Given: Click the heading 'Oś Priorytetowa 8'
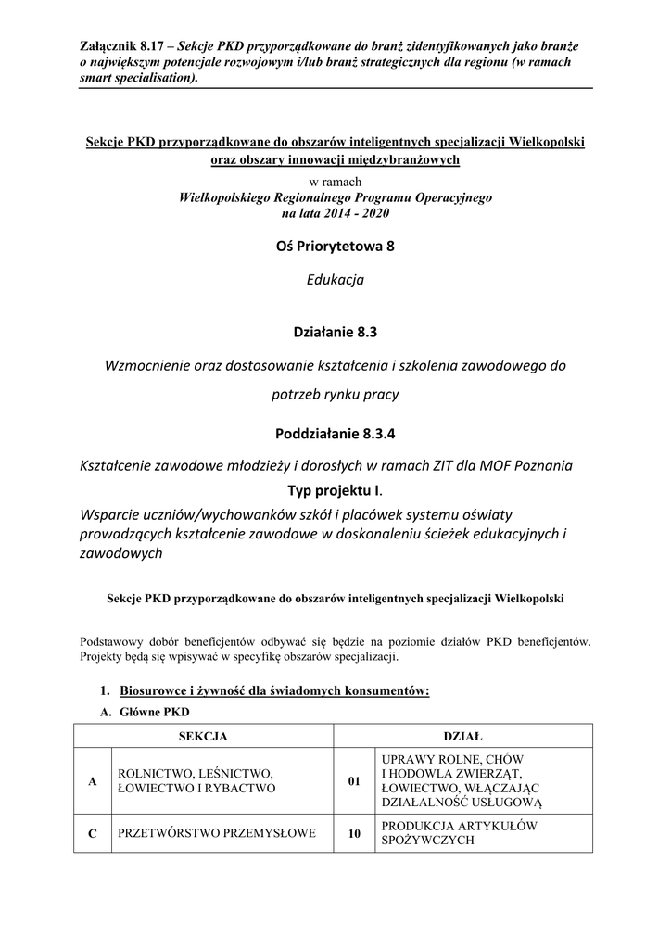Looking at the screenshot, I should [x=335, y=247].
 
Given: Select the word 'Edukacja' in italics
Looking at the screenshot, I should [x=335, y=280].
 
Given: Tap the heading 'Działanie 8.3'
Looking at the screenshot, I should [x=335, y=330].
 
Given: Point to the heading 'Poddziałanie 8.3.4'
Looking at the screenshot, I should [x=335, y=433].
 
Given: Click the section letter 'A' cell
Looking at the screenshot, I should [x=92, y=781].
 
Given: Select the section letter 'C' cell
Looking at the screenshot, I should [x=92, y=833].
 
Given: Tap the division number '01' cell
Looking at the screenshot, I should [x=353, y=781].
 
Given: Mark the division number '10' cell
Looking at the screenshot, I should [x=353, y=833].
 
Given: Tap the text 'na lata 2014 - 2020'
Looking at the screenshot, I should [x=335, y=213].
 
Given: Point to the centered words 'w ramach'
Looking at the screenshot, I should [x=335, y=182].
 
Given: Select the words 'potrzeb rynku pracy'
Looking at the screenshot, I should [x=335, y=394].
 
